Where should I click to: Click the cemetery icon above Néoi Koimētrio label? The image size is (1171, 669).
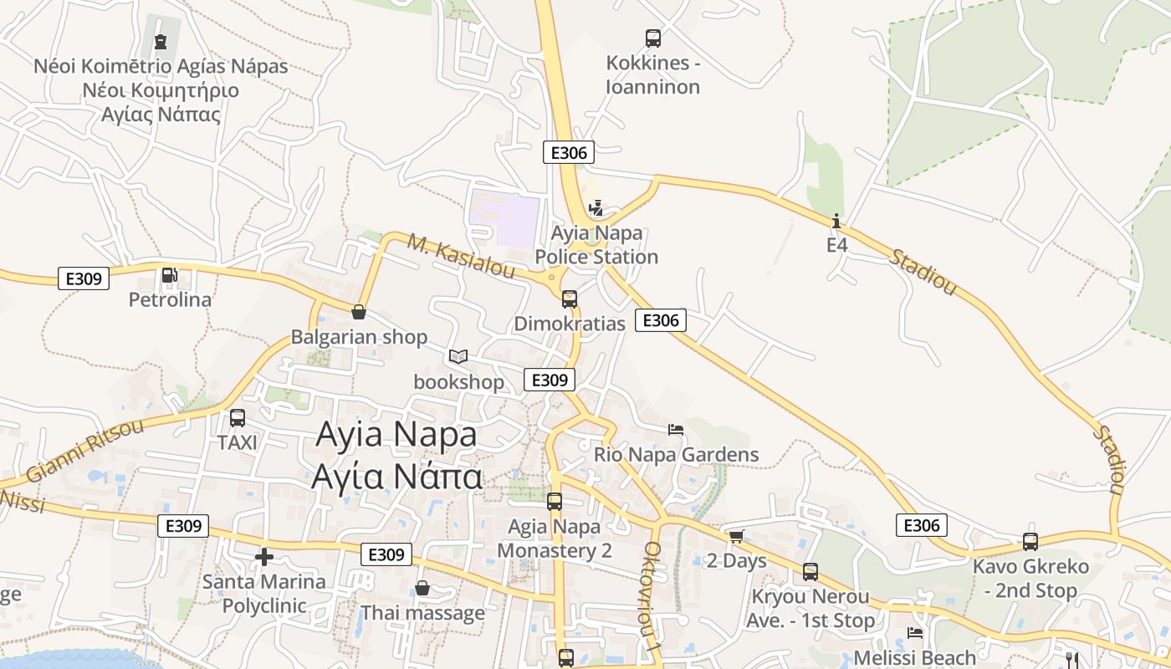tap(161, 41)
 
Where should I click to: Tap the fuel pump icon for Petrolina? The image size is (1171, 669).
tap(169, 274)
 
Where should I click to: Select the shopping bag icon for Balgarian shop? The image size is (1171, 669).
tap(359, 312)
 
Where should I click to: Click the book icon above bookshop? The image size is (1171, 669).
tap(458, 357)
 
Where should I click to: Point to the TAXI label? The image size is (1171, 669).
tap(238, 442)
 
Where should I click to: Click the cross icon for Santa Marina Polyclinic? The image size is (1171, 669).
tap(264, 556)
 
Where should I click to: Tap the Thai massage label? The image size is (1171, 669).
tap(422, 613)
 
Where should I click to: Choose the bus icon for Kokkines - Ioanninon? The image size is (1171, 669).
tap(653, 38)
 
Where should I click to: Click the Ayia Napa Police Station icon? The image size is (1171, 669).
tap(596, 207)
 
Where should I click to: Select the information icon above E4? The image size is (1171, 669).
tap(836, 221)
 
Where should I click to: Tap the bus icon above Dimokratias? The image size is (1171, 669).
tap(570, 299)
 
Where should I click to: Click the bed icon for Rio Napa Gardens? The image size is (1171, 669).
tap(676, 430)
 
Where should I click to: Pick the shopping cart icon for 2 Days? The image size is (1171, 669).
tap(736, 536)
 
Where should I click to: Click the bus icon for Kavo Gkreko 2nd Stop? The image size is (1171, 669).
tap(1030, 541)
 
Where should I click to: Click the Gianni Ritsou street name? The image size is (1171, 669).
tap(84, 450)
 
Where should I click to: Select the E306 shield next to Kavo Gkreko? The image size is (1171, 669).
tap(922, 525)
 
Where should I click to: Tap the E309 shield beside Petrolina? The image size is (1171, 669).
tap(84, 278)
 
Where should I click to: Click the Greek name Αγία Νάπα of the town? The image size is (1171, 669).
tap(396, 477)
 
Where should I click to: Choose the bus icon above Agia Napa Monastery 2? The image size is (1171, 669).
tap(555, 502)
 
